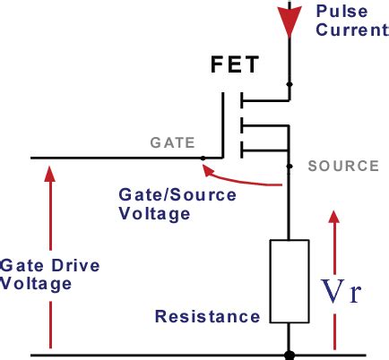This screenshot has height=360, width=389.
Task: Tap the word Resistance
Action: point(207,316)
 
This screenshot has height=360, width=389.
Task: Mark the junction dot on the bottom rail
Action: point(288,355)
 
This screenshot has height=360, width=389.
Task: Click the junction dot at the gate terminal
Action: point(204,159)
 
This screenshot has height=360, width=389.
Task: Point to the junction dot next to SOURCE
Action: point(288,166)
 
